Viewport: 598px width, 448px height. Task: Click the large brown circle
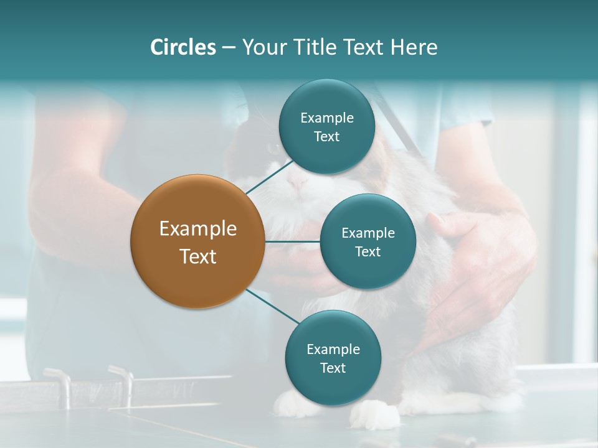pyautogui.click(x=197, y=241)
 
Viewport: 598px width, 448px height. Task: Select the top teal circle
pyautogui.click(x=326, y=126)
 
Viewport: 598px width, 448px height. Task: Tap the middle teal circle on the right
pyautogui.click(x=368, y=241)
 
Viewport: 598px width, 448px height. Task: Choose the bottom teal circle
pyautogui.click(x=333, y=358)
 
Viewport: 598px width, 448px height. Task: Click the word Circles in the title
pyautogui.click(x=183, y=47)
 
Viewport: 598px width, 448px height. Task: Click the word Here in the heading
pyautogui.click(x=414, y=47)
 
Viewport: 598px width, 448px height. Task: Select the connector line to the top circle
pyautogui.click(x=269, y=176)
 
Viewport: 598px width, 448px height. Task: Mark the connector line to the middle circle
pyautogui.click(x=292, y=241)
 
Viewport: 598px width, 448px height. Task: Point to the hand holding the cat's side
pyautogui.click(x=473, y=261)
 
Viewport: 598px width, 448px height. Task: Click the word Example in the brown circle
pyautogui.click(x=197, y=228)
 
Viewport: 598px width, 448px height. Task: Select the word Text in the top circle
pyautogui.click(x=326, y=136)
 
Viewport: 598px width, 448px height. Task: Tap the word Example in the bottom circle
pyautogui.click(x=333, y=349)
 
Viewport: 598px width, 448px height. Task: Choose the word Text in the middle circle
pyautogui.click(x=368, y=251)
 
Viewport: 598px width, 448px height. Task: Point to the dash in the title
pyautogui.click(x=228, y=48)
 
